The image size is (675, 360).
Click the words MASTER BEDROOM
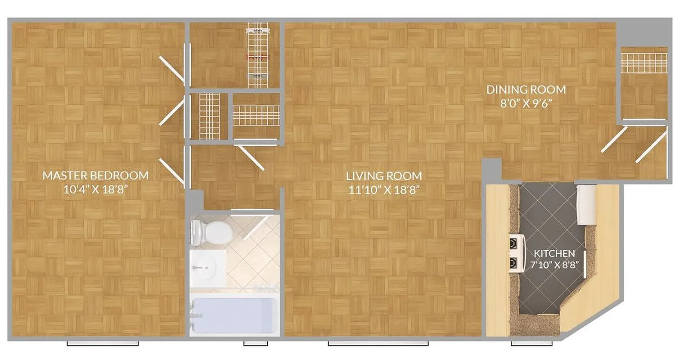[x=95, y=175]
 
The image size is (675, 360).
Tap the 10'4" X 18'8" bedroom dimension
[x=95, y=189]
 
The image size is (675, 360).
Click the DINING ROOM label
[x=526, y=89]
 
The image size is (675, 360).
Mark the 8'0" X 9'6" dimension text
[x=526, y=103]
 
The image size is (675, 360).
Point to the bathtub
[x=232, y=315]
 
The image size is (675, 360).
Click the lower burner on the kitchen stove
[x=513, y=262]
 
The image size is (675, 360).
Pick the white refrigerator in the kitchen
[x=587, y=205]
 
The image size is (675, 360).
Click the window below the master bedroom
[x=103, y=343]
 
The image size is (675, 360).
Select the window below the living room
[x=378, y=343]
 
